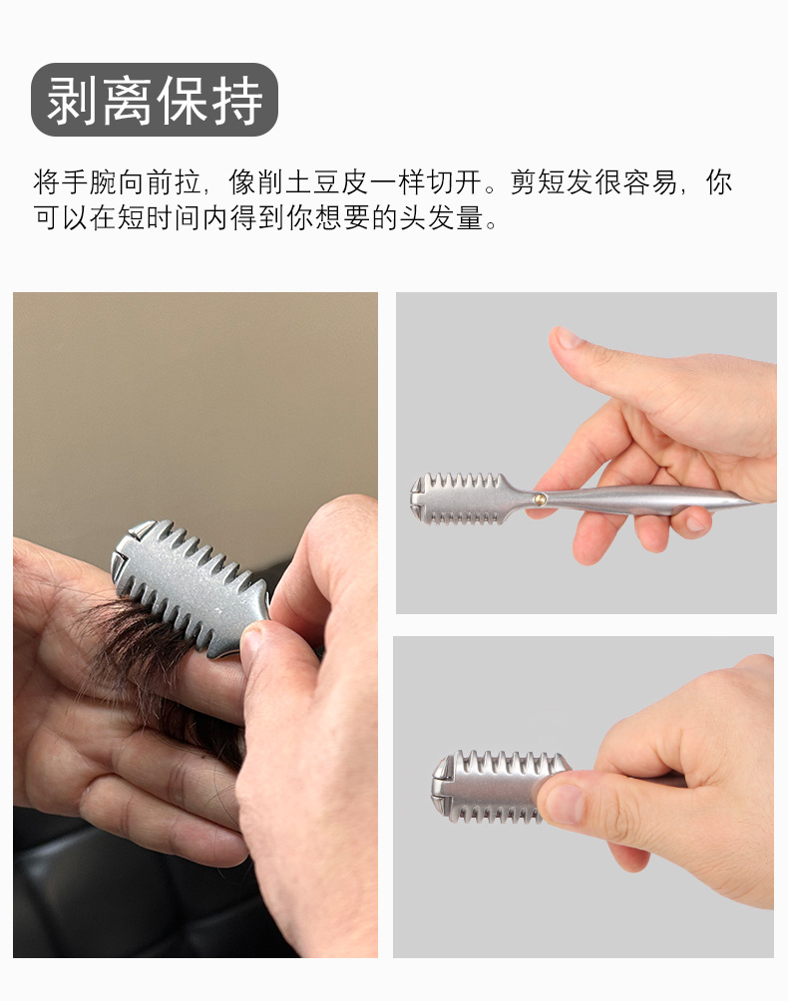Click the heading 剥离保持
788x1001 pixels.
click(x=155, y=100)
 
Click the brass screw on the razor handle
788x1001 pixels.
click(x=541, y=499)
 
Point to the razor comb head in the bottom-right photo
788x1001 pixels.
click(x=492, y=787)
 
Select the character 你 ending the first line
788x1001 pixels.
click(x=719, y=182)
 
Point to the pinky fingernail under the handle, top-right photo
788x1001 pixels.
click(x=695, y=523)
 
